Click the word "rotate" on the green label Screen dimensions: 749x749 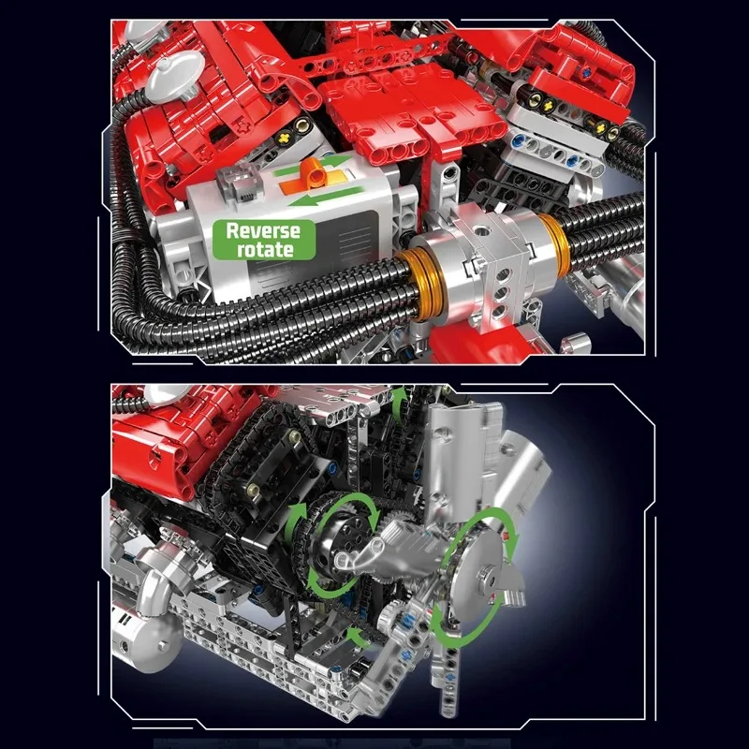click(257, 249)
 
